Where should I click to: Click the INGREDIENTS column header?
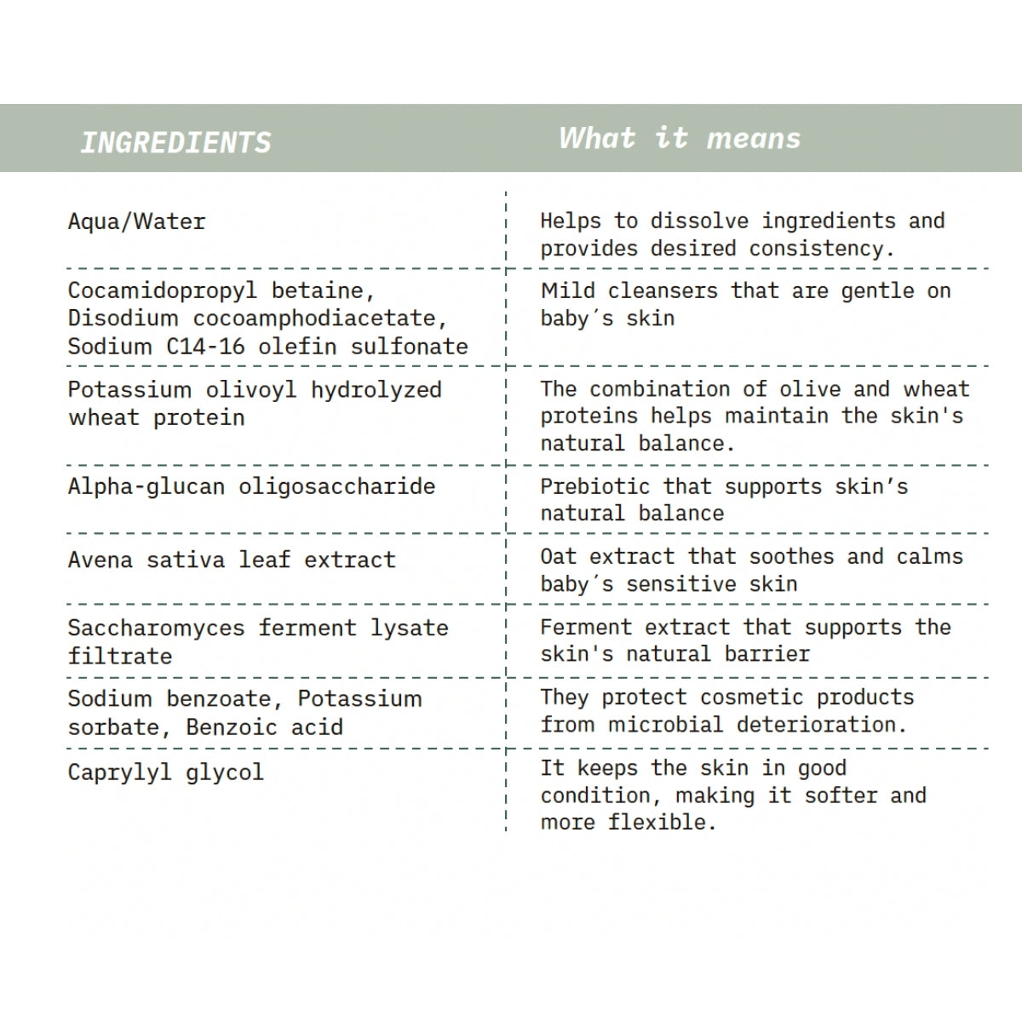tap(175, 142)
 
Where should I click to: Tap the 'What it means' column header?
tap(680, 138)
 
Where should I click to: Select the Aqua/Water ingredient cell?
tap(137, 222)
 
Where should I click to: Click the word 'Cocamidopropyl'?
tap(162, 291)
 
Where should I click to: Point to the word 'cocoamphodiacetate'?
tap(319, 319)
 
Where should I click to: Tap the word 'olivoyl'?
tap(251, 390)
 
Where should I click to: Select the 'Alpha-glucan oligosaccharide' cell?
tap(251, 487)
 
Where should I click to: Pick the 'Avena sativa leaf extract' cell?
tap(232, 560)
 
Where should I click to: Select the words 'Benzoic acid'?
tap(264, 728)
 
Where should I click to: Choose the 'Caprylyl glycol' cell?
tap(166, 773)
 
